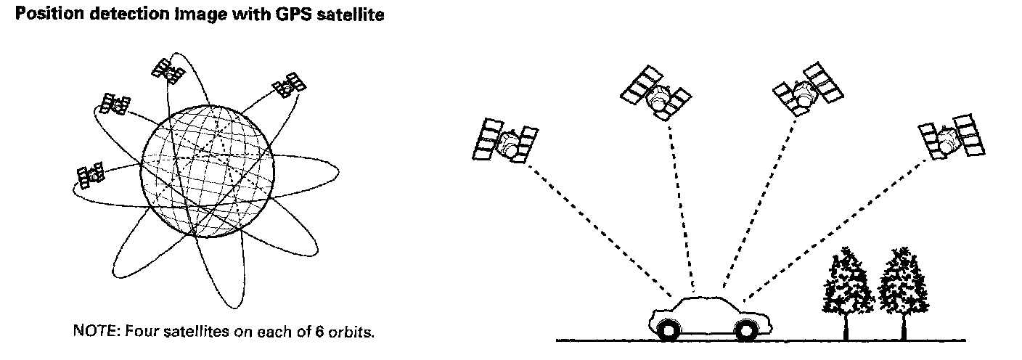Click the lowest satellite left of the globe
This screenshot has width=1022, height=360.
pyautogui.click(x=91, y=174)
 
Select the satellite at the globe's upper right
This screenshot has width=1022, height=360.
pyautogui.click(x=288, y=86)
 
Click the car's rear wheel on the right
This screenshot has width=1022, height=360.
pyautogui.click(x=745, y=331)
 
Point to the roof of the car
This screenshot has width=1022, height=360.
pyautogui.click(x=701, y=298)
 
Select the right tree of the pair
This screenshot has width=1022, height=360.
pyautogui.click(x=902, y=282)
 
